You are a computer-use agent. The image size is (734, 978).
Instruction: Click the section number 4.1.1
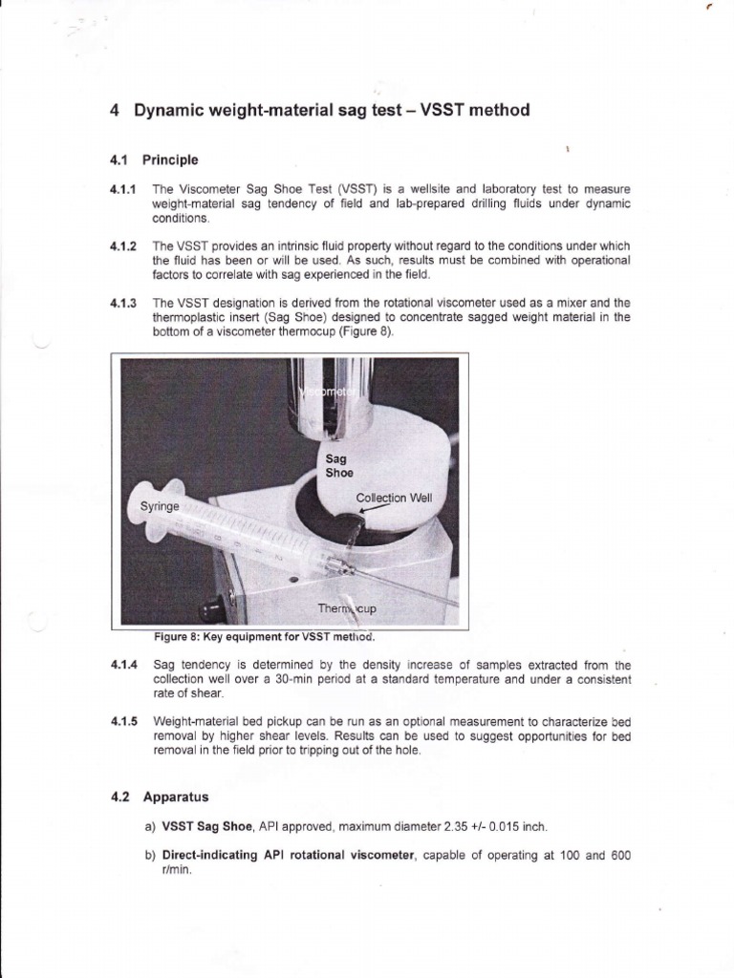click(x=124, y=189)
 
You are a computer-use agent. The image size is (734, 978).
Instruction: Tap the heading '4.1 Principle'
click(x=154, y=159)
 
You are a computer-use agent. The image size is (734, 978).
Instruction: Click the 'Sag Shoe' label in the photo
click(x=339, y=466)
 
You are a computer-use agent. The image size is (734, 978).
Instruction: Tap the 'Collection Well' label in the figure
click(x=394, y=498)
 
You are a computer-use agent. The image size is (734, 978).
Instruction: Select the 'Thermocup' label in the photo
click(x=347, y=608)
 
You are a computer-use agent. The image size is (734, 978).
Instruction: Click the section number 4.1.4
click(x=124, y=665)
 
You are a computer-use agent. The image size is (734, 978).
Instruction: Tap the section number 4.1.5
click(x=124, y=722)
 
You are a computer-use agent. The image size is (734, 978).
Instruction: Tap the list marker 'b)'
click(x=150, y=856)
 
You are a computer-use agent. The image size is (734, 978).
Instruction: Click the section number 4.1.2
click(x=124, y=246)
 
